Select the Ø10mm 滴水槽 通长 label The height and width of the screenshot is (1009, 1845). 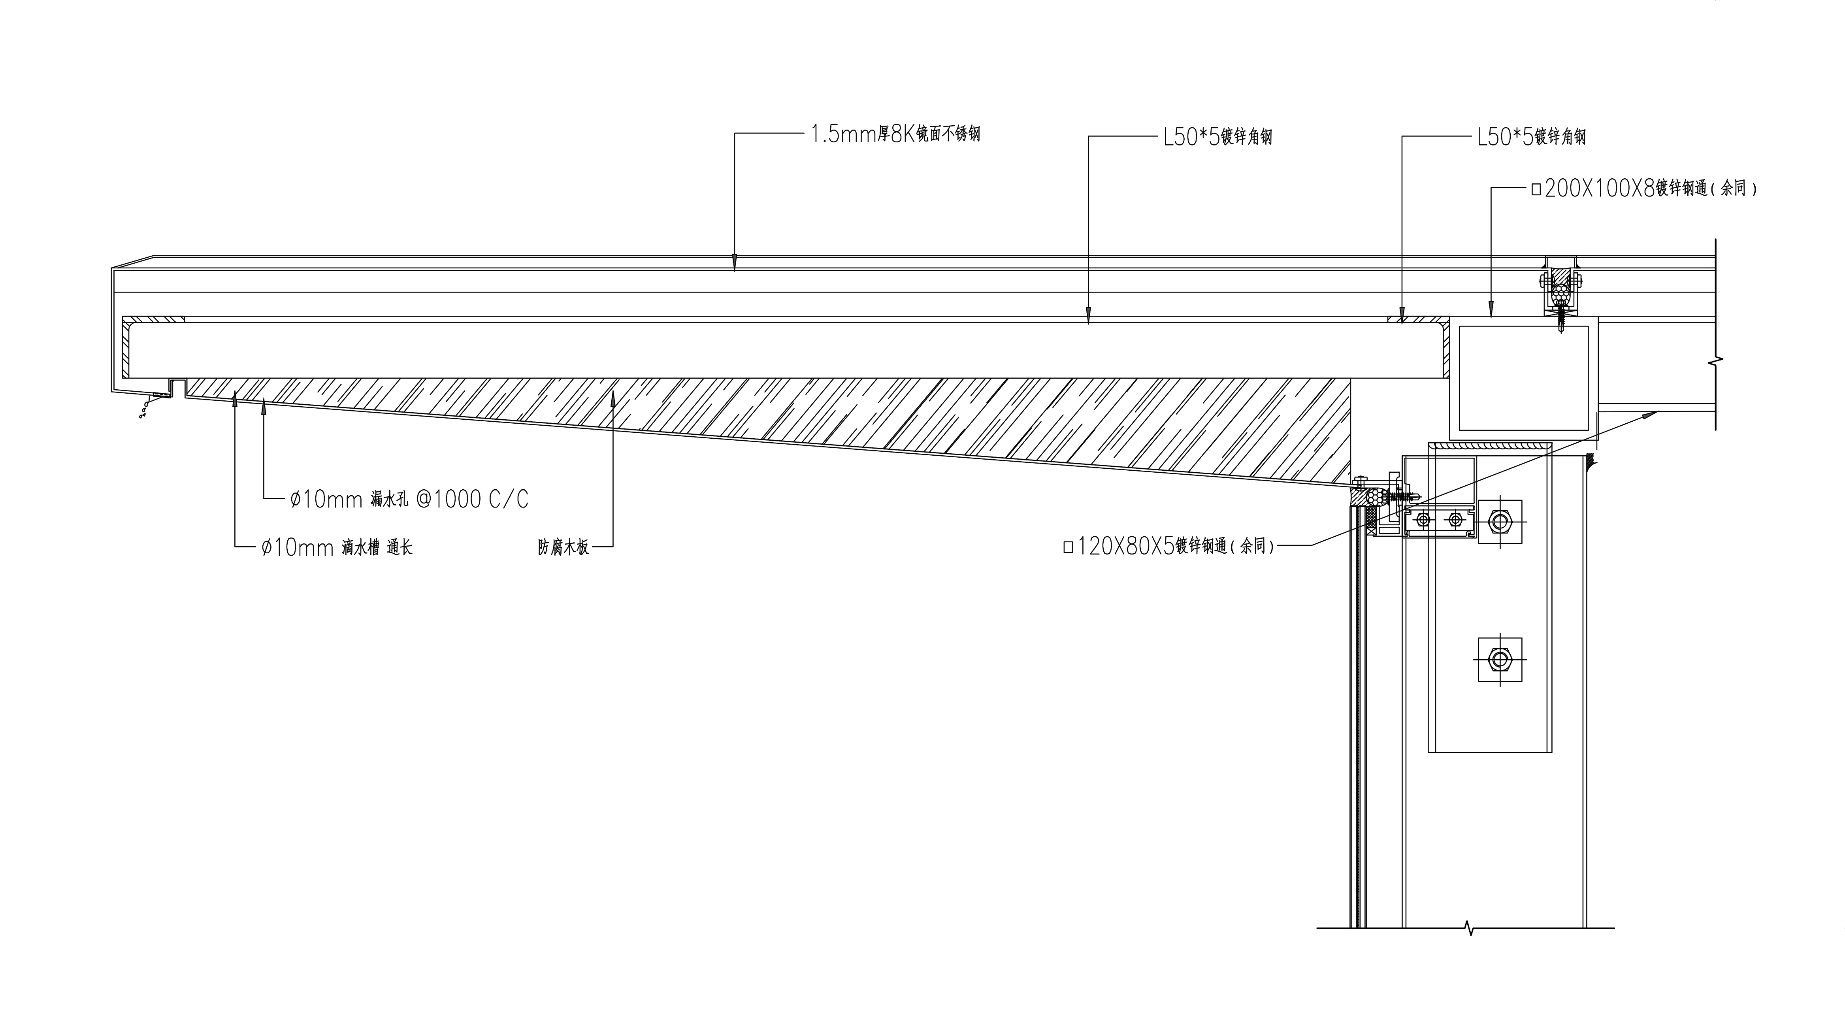(337, 548)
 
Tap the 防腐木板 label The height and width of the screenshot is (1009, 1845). (563, 548)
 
